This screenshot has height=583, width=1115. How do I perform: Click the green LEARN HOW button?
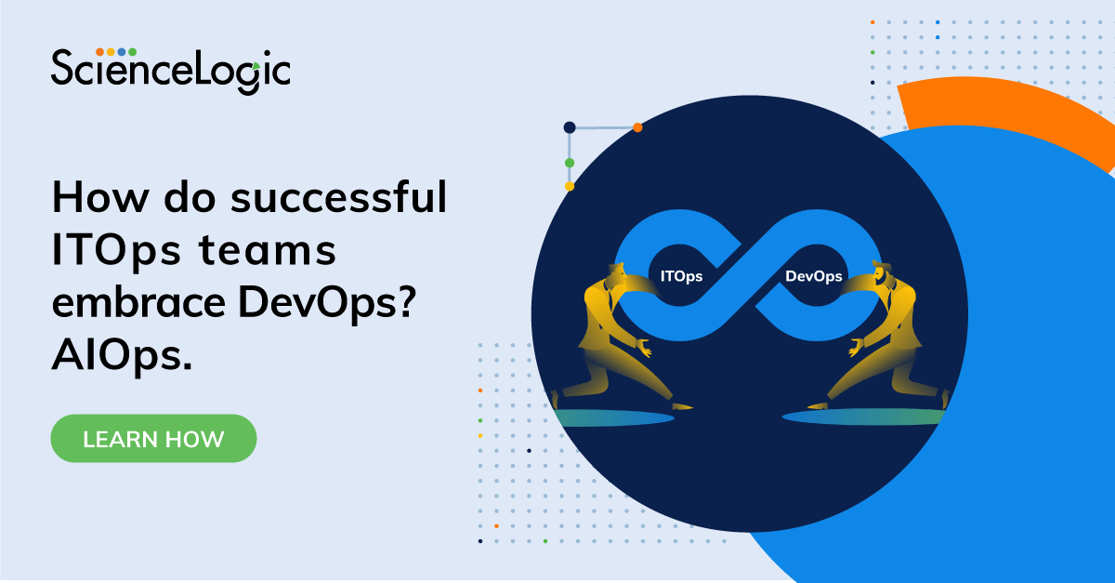point(153,439)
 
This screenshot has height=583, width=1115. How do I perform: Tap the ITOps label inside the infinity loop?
point(681,276)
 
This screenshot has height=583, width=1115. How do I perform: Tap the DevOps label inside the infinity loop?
point(814,276)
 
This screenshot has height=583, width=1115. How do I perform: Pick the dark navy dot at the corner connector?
point(570,127)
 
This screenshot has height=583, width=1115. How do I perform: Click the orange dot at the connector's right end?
point(637,127)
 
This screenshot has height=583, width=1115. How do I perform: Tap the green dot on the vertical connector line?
point(570,163)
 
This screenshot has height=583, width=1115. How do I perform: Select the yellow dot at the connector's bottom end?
point(570,186)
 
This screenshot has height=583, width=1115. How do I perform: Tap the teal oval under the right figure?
point(864,417)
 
